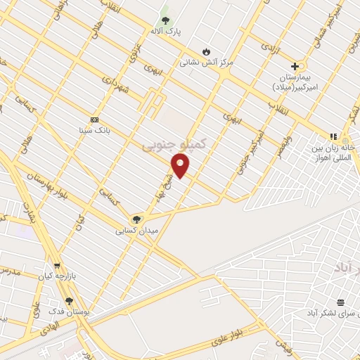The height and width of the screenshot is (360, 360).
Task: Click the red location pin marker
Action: click(x=181, y=166)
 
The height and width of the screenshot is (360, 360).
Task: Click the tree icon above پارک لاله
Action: click(x=166, y=20)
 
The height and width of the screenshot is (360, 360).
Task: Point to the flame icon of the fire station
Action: click(x=205, y=51)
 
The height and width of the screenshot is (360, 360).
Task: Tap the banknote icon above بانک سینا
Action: click(x=95, y=119)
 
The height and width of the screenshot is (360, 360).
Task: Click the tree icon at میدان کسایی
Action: click(x=136, y=219)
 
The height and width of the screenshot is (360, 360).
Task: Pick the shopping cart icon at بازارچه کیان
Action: click(x=57, y=266)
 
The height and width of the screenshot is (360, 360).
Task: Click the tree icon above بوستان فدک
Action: click(x=69, y=301)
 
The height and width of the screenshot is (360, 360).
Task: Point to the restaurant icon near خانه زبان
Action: click(x=333, y=136)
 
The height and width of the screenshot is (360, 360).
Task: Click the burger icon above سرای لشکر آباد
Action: click(x=341, y=302)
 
